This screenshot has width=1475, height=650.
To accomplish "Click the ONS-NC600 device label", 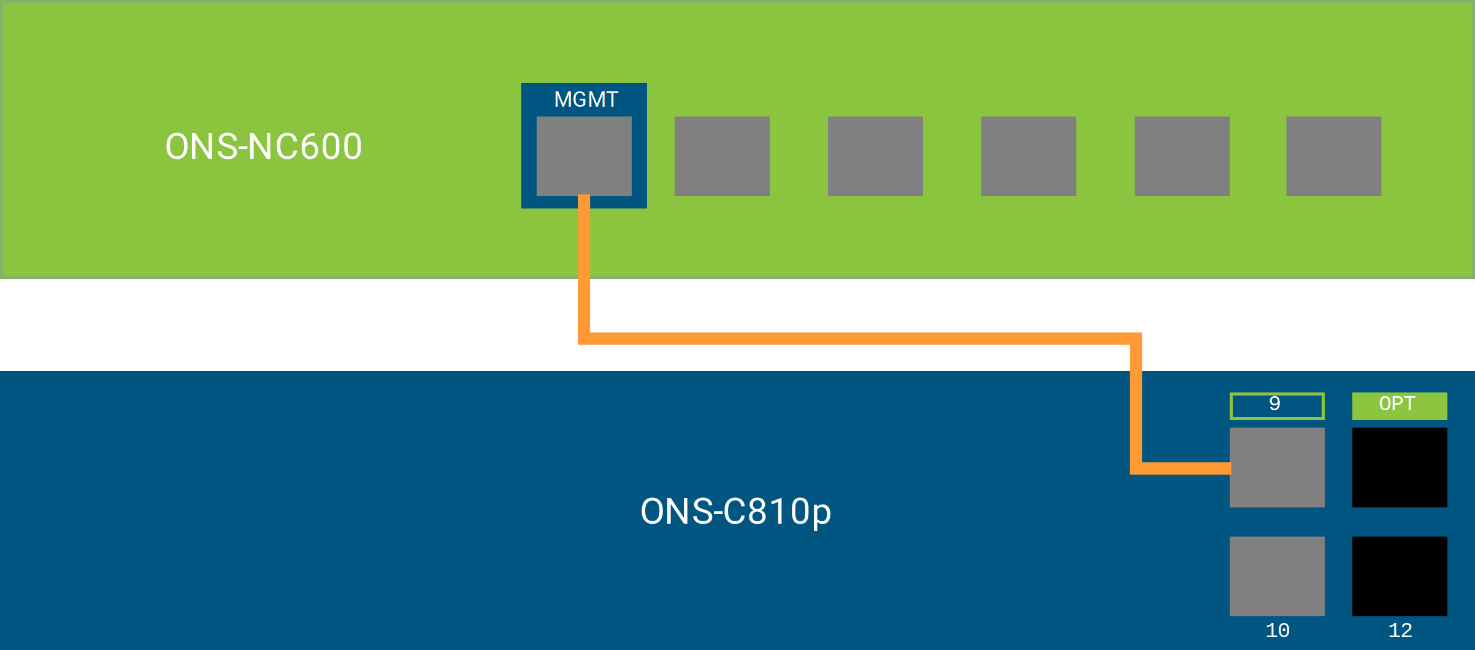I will click(x=264, y=147).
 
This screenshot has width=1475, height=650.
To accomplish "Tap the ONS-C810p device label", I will click(x=735, y=511).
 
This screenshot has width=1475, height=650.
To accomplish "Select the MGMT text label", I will click(x=586, y=99).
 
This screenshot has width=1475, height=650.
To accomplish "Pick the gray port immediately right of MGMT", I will click(x=722, y=156).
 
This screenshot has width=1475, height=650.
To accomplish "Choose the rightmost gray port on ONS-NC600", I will click(x=1333, y=156).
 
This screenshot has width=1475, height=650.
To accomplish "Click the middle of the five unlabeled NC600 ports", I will click(x=1029, y=156).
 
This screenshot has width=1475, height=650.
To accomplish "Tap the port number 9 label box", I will click(x=1277, y=405).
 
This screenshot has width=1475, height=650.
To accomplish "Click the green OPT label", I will click(x=1400, y=405).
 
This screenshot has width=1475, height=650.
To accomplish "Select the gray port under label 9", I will click(x=1277, y=467).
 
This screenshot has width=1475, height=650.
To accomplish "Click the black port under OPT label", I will click(x=1400, y=467).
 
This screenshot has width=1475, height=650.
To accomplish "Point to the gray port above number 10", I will click(x=1277, y=576).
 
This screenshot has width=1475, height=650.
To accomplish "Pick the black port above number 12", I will click(x=1400, y=576).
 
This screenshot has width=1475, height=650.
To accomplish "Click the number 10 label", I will click(x=1278, y=630).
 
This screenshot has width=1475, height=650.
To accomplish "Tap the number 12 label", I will click(x=1400, y=630).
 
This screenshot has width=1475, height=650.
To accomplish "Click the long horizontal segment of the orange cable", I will click(x=859, y=338).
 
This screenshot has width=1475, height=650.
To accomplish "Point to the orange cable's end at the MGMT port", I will click(x=584, y=199).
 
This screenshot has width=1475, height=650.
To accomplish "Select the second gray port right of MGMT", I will click(x=875, y=156).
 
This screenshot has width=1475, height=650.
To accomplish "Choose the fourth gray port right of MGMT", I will click(x=1182, y=156).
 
